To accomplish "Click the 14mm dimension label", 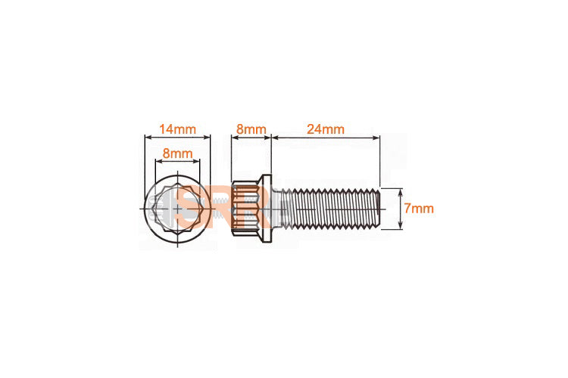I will (176, 129).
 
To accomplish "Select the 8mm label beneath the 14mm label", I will (176, 153).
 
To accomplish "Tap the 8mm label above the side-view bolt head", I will (251, 129).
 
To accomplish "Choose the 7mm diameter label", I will (418, 209).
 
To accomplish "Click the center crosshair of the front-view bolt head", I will (176, 209).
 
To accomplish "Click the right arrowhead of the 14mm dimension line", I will (207, 138).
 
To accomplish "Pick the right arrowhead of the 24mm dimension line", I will (376, 138).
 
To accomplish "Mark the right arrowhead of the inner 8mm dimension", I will (196, 161).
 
